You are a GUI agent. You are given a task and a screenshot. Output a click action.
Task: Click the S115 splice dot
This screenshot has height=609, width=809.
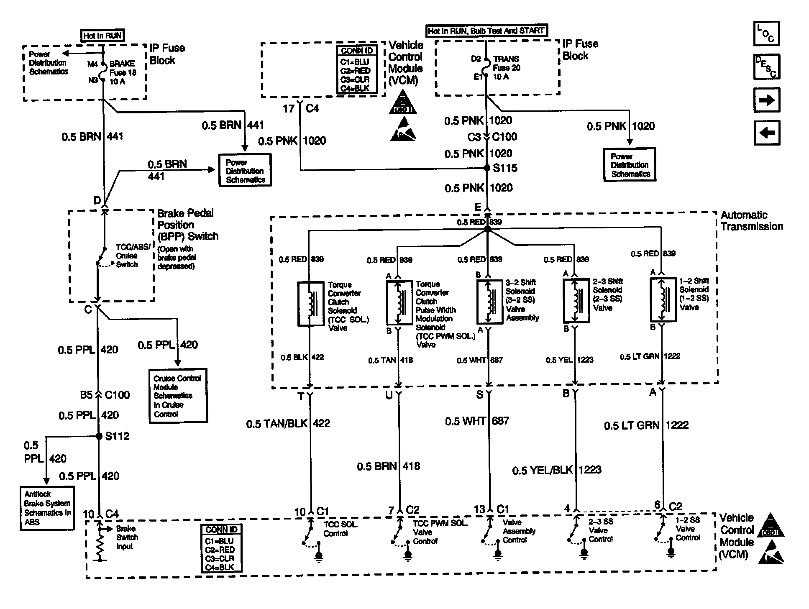click(x=487, y=168)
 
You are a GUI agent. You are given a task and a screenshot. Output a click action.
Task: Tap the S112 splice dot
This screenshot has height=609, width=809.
click(x=99, y=436)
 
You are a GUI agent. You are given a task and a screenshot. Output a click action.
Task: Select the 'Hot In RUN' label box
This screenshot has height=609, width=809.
click(x=102, y=36)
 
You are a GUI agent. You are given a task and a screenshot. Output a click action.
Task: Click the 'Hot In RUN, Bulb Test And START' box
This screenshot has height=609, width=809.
click(x=486, y=31)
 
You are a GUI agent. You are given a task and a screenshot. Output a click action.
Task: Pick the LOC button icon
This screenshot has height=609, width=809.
click(x=766, y=33)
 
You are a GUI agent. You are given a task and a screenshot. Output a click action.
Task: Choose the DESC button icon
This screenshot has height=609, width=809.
click(x=766, y=67)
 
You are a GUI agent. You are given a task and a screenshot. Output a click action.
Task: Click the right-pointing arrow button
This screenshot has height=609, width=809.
click(x=766, y=100)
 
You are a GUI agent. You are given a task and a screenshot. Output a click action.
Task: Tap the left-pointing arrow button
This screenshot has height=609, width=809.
click(x=766, y=133)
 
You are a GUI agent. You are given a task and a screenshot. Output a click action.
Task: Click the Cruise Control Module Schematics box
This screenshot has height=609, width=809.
click(x=178, y=396)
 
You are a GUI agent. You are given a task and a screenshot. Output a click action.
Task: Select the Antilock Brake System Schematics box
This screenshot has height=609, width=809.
click(x=47, y=508)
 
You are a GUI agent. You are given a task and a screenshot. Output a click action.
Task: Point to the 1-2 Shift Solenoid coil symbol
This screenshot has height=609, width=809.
click(x=663, y=299)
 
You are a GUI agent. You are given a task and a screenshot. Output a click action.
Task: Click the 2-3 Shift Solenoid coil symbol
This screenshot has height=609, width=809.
click(x=576, y=300)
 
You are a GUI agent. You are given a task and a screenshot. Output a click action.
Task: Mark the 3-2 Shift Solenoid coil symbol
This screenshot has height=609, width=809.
click(x=489, y=302)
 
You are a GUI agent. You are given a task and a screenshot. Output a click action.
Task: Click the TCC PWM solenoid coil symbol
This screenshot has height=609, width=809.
click(x=399, y=302)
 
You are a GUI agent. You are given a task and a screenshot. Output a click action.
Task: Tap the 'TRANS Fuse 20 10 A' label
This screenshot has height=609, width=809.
click(x=507, y=68)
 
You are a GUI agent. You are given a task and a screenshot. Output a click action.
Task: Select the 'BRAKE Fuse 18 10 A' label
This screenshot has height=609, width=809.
click(x=122, y=72)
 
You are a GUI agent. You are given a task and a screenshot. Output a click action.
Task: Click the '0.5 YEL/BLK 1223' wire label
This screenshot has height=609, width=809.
click(x=556, y=470)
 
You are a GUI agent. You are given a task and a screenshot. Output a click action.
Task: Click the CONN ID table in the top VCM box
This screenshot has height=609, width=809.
click(x=357, y=69)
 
